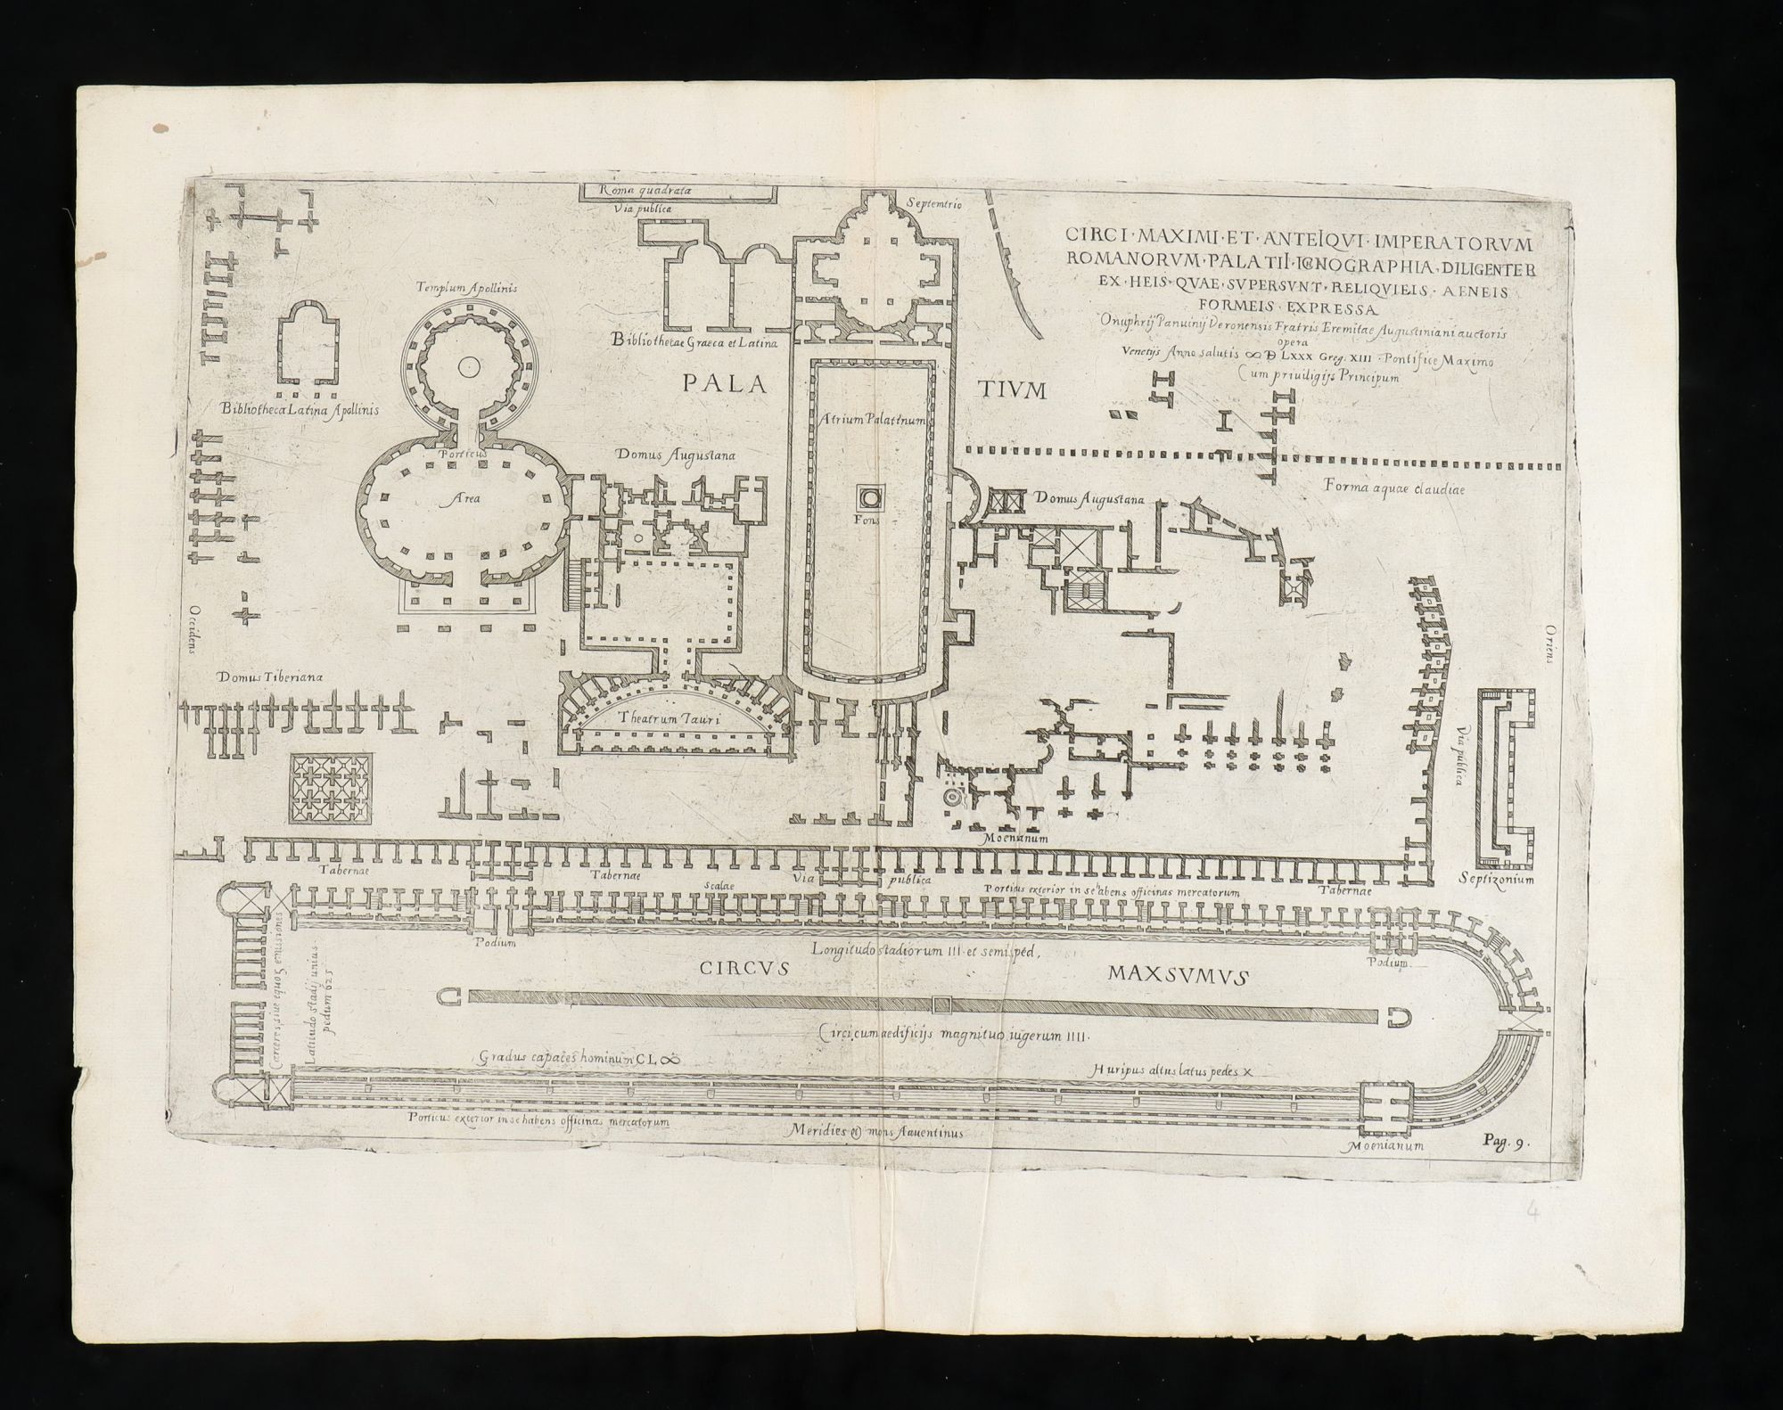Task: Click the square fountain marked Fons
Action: [x=869, y=496]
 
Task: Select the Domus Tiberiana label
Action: [x=269, y=676]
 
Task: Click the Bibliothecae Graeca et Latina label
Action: [x=694, y=341]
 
